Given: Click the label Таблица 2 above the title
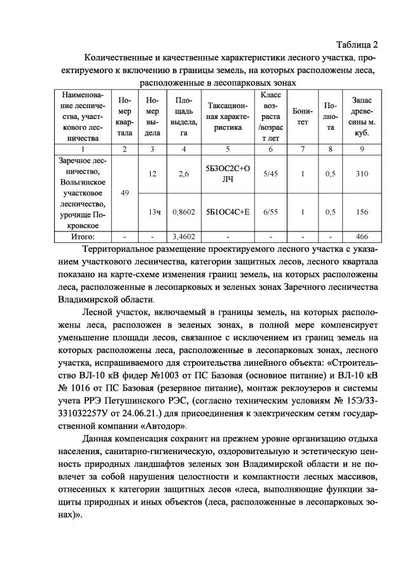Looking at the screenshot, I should click(x=356, y=45).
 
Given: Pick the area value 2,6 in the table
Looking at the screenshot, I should click(x=184, y=174).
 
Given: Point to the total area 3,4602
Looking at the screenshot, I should click(x=184, y=236).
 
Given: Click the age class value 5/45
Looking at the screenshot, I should click(x=270, y=174).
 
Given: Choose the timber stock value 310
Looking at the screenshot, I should click(x=362, y=174).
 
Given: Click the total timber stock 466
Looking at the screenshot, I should click(x=362, y=236).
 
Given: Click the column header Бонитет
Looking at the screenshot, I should click(x=303, y=117).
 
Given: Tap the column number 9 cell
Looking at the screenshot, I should click(x=362, y=149).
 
